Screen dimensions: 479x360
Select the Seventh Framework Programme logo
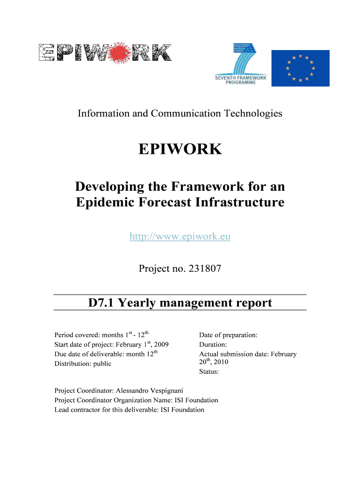tap(241, 65)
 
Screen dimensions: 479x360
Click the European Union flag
tap(300, 68)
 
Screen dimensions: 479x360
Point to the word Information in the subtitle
tap(101, 113)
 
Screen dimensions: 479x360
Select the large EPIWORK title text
tap(180, 150)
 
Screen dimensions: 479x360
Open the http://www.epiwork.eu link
tap(180, 237)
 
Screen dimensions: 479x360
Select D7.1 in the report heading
tap(101, 303)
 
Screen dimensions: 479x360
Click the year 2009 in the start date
tap(160, 345)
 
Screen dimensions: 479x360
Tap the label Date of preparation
tap(228, 335)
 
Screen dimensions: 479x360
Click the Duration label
tap(213, 345)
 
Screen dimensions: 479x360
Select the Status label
tap(209, 372)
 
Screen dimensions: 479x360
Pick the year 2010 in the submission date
tap(221, 362)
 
